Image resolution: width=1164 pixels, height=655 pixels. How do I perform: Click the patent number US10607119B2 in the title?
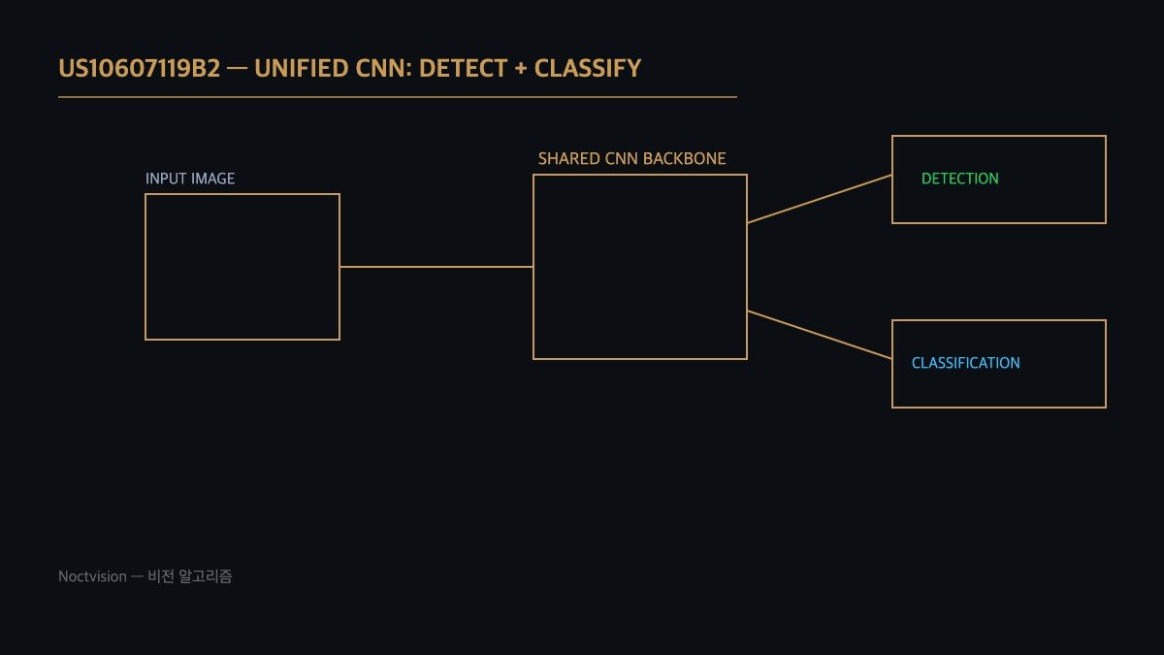[x=140, y=69]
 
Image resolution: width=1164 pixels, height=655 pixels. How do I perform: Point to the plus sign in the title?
[x=521, y=69]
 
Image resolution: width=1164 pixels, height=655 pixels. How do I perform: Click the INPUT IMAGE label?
[x=190, y=179]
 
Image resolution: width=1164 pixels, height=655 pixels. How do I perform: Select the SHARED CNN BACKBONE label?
[x=631, y=158]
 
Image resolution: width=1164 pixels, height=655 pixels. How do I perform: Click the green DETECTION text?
[x=959, y=179]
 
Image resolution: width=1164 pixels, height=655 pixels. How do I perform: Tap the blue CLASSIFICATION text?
[x=965, y=363]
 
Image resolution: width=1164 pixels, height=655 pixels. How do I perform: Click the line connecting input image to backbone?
[x=436, y=267]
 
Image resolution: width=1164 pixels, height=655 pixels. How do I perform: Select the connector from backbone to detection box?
[x=820, y=199]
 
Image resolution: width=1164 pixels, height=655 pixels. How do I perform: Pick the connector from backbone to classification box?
[x=820, y=335]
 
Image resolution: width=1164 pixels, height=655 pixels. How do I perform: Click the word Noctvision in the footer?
[x=92, y=576]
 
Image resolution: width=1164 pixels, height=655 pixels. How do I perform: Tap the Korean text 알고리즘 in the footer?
[x=206, y=576]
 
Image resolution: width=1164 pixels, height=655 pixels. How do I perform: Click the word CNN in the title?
[x=384, y=69]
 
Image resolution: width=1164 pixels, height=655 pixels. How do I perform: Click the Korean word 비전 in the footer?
[x=161, y=576]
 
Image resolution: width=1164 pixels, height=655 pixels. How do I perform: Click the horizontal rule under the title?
[x=398, y=97]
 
